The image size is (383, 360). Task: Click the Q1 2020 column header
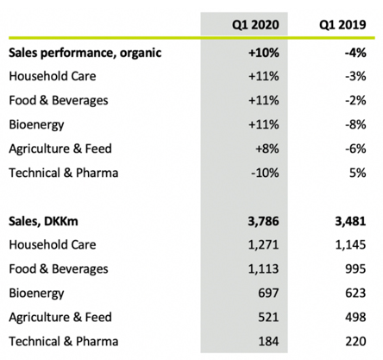pos(255,25)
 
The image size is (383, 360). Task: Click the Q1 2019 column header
pos(342,25)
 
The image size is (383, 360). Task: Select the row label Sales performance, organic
pos(85,53)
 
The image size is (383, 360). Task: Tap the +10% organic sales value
pos(264,53)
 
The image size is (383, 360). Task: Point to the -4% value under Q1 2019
pos(355,53)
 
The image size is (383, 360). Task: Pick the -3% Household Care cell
pos(355,76)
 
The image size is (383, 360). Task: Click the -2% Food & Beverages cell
pos(355,100)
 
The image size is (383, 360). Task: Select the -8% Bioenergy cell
pos(355,124)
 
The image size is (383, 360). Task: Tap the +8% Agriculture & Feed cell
pos(267,148)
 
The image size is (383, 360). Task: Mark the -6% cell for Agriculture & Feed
pos(355,148)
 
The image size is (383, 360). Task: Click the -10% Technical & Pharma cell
pos(265,173)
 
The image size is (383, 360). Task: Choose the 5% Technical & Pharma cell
pos(358,173)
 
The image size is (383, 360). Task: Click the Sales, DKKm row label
pos(43,221)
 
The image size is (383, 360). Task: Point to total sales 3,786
pos(263,221)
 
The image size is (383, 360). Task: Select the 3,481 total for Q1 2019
pos(350,221)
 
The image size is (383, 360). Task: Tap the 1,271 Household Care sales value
pos(263,245)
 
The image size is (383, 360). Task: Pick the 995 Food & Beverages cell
pos(356,269)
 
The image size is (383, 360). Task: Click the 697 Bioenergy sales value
pos(268,294)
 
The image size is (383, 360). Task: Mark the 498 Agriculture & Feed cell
pos(356,318)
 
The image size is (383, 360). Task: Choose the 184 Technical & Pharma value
pos(268,342)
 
